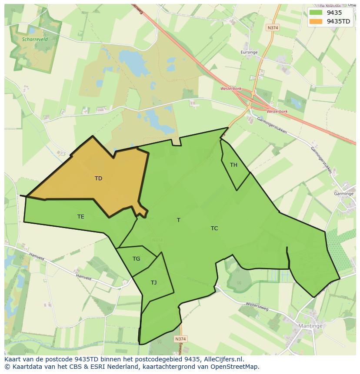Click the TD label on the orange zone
tap(98, 178)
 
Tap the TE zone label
tap(81, 216)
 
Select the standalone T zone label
tap(178, 220)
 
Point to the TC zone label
tap(214, 228)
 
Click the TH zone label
tap(233, 165)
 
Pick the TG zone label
tap(136, 259)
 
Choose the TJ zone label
tap(153, 282)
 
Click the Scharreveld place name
tap(35, 39)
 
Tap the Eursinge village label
tap(249, 52)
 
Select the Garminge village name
tap(343, 194)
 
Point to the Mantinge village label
tap(310, 326)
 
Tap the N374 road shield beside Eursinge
tap(273, 27)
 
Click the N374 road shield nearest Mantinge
tap(180, 338)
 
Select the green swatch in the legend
tap(316, 13)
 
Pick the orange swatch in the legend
tap(316, 21)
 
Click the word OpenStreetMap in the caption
tap(235, 367)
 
